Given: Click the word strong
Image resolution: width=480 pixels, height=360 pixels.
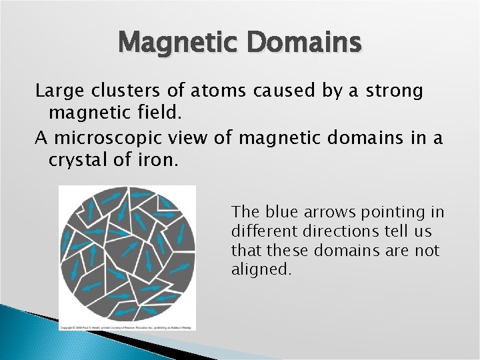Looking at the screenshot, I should [389, 91].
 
